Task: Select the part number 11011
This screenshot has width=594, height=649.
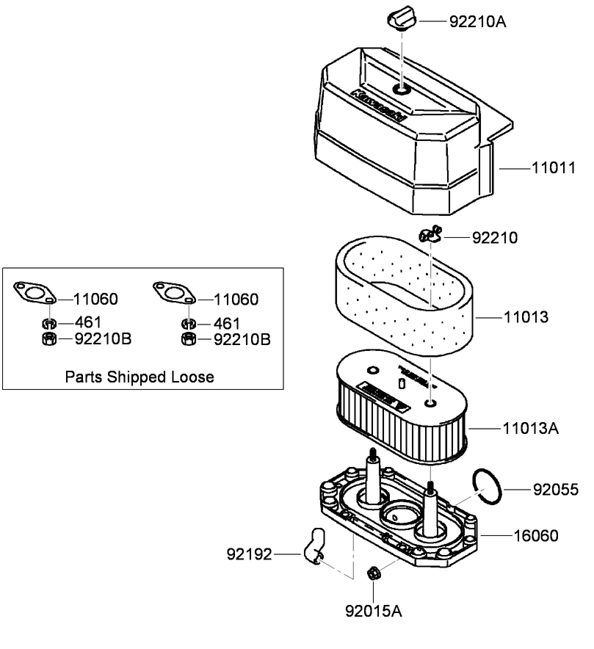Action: tap(554, 168)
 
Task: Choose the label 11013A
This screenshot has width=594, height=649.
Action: tap(530, 427)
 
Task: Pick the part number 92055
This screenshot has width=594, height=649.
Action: tap(555, 489)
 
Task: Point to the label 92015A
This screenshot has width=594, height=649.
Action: tap(374, 610)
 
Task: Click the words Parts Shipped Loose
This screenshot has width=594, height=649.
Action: tap(140, 377)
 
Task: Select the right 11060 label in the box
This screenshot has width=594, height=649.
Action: tap(236, 300)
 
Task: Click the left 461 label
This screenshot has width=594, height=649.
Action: tap(87, 322)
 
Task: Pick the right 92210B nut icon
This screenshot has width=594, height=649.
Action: tap(188, 339)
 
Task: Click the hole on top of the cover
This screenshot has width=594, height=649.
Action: tap(402, 90)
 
